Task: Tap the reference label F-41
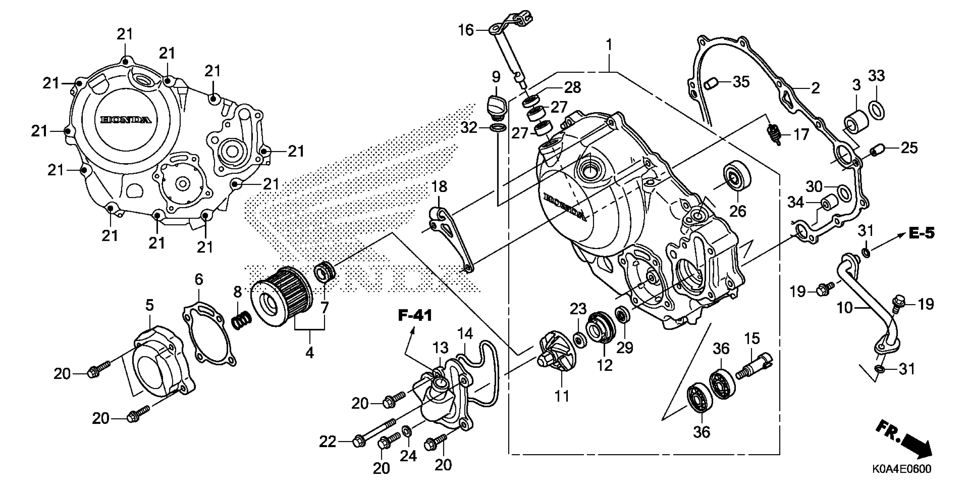tap(415, 316)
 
